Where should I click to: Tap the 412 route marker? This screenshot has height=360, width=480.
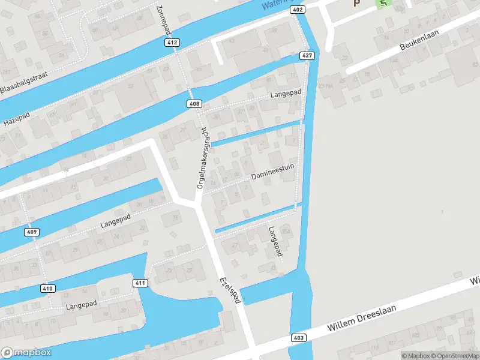point(172,43)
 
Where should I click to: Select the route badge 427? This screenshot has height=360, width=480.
point(307,56)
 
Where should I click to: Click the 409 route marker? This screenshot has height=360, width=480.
point(32,232)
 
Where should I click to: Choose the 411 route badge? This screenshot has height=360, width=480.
point(140,283)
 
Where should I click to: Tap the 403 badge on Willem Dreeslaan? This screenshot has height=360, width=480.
point(299,338)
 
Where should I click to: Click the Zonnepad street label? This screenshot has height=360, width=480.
point(163,19)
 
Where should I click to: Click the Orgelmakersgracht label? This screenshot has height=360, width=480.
point(202,158)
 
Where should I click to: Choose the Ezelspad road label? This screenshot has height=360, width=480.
point(230,290)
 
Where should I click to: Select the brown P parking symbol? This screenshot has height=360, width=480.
point(357,3)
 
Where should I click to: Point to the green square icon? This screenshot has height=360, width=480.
point(383,3)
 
